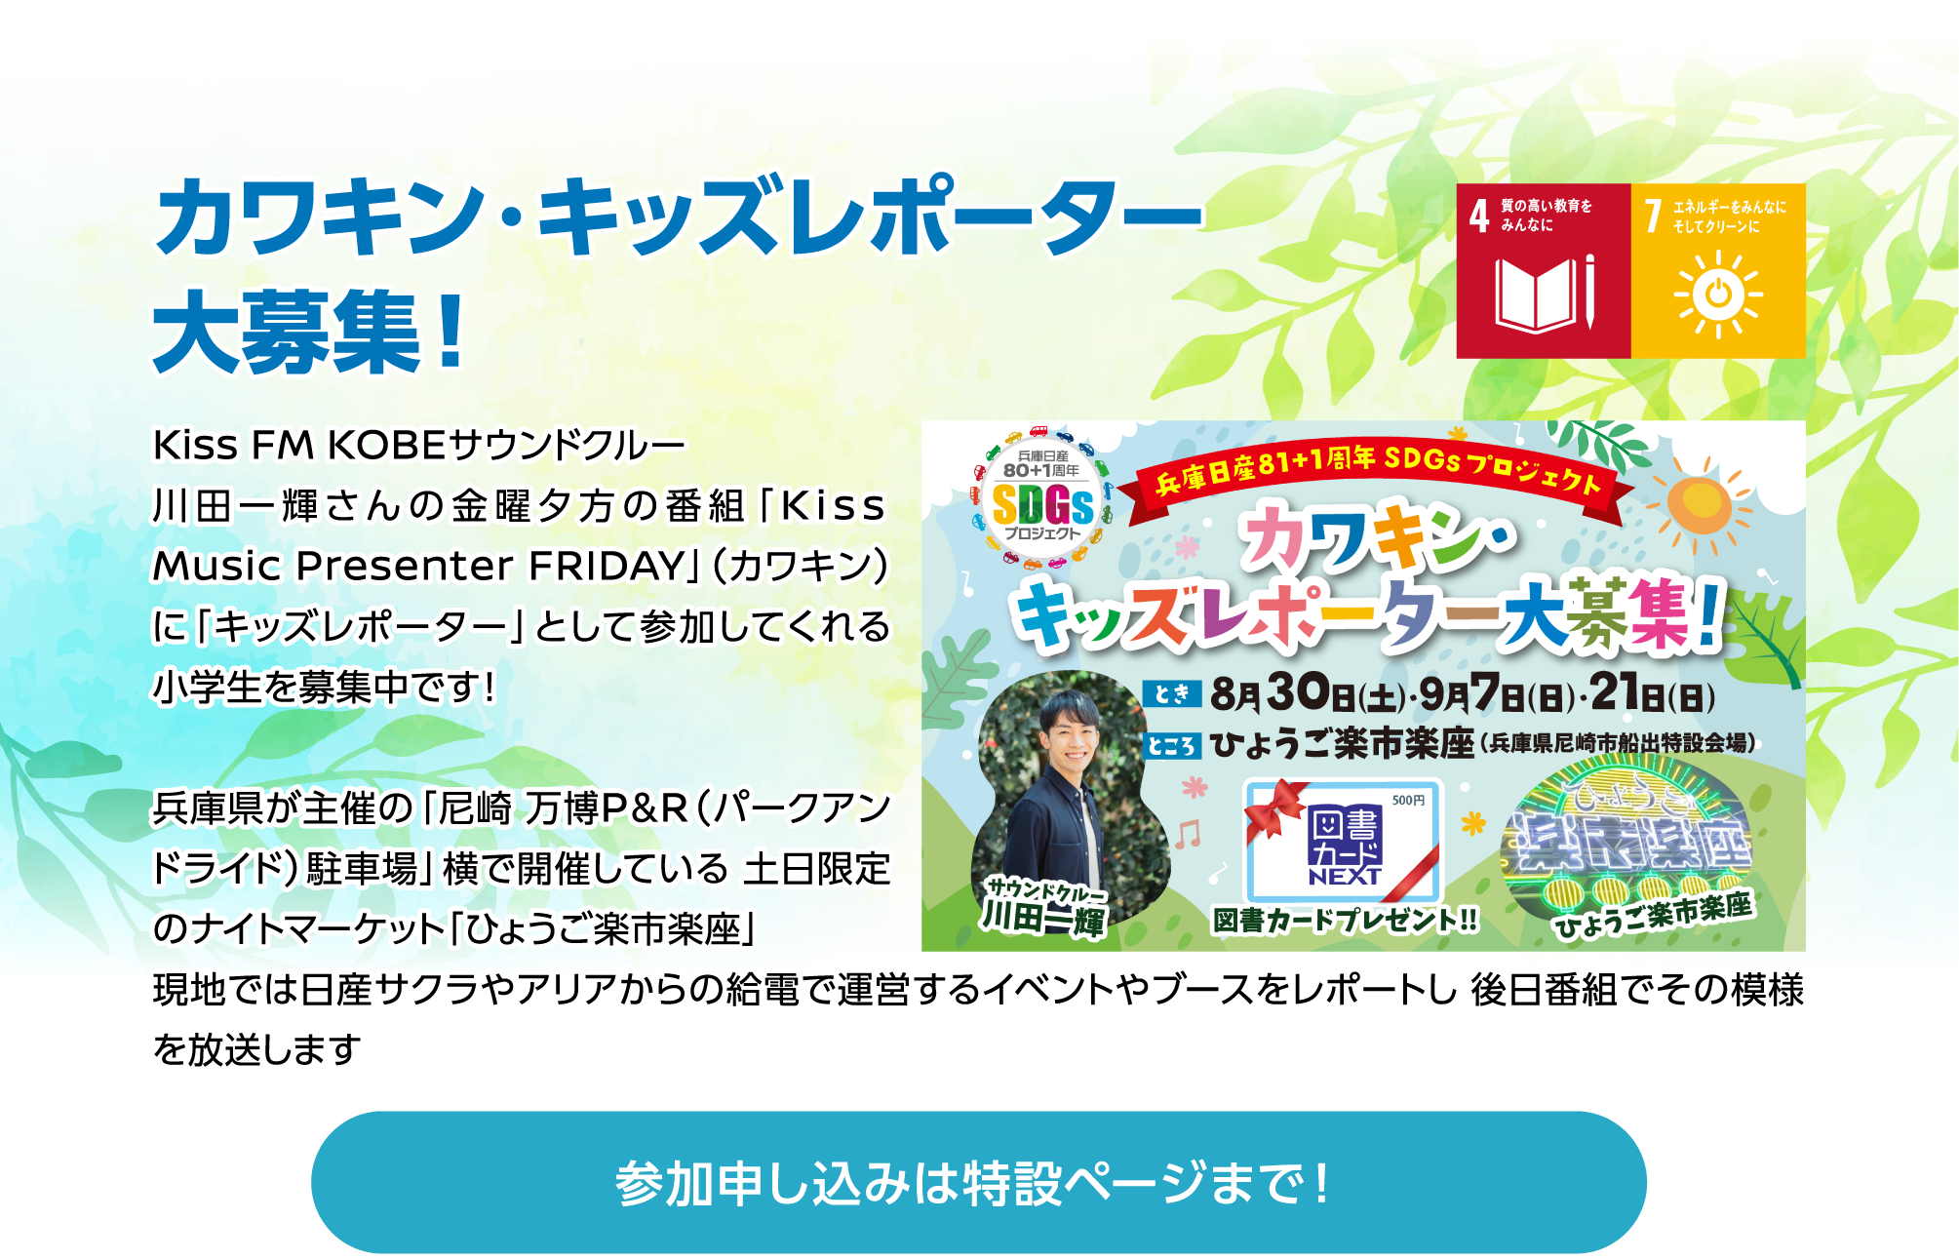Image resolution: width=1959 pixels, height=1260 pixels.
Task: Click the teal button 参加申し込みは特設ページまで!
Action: [x=978, y=1182]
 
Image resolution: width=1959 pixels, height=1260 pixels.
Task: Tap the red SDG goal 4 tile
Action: [x=1544, y=270]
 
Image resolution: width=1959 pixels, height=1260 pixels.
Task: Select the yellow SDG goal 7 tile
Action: [x=1718, y=270]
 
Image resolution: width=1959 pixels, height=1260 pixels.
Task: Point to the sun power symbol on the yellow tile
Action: [x=1718, y=294]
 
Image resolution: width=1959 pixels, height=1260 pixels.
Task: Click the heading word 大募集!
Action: [x=309, y=332]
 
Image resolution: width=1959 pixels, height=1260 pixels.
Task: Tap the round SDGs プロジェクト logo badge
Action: [x=1041, y=497]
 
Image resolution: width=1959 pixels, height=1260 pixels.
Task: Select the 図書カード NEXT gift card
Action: [x=1342, y=841]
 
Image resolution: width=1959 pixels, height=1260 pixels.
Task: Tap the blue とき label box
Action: [x=1171, y=693]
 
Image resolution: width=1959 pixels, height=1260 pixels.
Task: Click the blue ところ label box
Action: [x=1171, y=746]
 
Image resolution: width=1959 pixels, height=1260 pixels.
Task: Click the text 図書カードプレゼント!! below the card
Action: [x=1345, y=920]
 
